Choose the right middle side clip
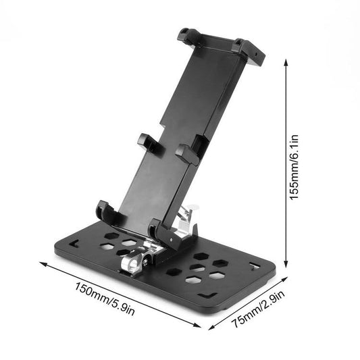[190, 149]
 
